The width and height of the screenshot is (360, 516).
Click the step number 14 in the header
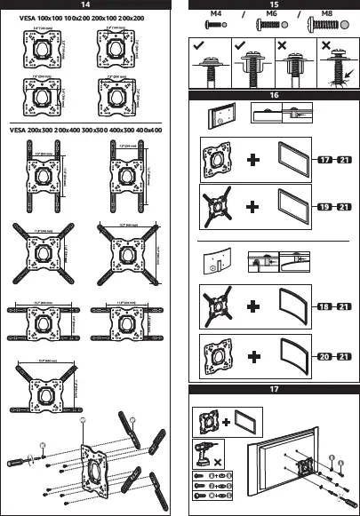point(86,5)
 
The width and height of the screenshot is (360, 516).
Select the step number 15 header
point(274,5)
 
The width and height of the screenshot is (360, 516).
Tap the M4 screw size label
point(215,15)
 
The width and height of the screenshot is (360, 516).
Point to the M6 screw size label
point(269,15)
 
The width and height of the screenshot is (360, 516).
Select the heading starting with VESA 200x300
point(86,130)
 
